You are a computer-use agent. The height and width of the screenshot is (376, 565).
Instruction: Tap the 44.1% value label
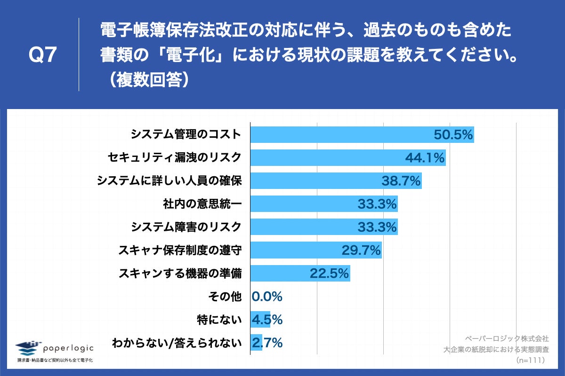[425, 158]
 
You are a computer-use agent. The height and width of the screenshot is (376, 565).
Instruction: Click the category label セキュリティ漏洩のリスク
[175, 157]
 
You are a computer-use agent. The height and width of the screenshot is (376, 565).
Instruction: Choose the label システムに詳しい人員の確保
[169, 180]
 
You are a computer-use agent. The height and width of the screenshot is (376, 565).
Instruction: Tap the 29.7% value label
[361, 250]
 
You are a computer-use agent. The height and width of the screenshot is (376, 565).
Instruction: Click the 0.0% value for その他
[267, 297]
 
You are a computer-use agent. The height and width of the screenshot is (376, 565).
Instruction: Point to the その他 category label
[225, 296]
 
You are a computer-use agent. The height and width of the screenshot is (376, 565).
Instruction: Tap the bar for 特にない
[260, 320]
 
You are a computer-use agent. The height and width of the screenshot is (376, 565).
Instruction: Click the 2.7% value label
[267, 343]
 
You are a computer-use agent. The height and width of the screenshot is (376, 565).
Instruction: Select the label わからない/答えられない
[177, 343]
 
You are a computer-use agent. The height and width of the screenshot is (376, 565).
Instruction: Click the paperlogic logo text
[68, 348]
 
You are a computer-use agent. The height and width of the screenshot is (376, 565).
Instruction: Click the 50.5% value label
[453, 135]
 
